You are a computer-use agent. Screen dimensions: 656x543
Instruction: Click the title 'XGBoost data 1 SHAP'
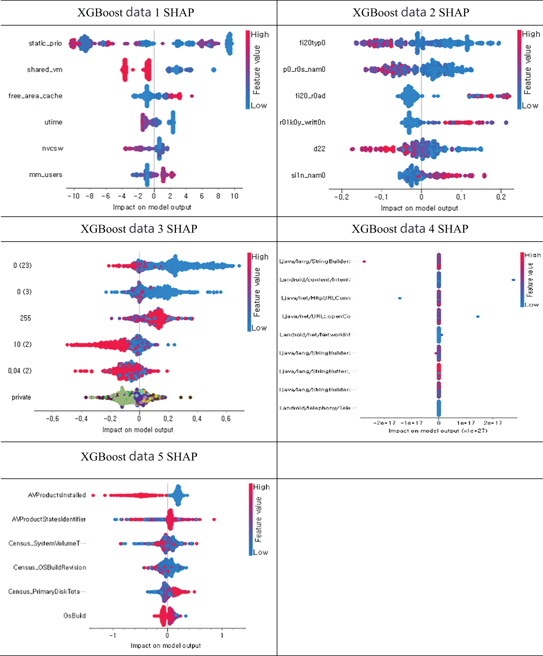coord(135,12)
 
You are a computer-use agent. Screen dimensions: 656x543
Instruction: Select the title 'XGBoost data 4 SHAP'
coord(410,229)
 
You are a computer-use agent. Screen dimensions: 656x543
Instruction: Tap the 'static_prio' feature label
coord(45,43)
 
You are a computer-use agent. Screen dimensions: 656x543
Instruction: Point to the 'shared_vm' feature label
coord(45,69)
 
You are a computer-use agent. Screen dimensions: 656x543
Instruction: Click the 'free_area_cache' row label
coord(35,96)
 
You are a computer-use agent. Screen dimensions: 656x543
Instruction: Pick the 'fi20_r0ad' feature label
coord(310,96)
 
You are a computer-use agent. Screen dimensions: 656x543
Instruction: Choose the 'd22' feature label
coord(319,149)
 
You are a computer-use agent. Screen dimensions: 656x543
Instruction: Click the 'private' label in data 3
coord(21,397)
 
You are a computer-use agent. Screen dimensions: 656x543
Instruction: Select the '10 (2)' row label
coord(23,345)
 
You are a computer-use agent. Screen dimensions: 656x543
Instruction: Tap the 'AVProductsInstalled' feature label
coord(57,495)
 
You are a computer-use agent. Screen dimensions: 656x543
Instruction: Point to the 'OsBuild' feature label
coord(75,616)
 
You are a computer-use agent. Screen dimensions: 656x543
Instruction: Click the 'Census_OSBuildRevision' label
coord(49,568)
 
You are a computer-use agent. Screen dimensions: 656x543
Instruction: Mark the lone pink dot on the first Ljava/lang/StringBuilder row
coord(364,262)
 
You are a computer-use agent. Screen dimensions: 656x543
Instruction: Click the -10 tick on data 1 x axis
coord(74,196)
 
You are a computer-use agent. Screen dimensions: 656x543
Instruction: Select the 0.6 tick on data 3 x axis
coord(226,419)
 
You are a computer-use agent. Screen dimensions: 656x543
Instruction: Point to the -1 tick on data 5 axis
coord(113,635)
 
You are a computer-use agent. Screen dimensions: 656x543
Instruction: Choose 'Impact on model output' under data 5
coord(165,645)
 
